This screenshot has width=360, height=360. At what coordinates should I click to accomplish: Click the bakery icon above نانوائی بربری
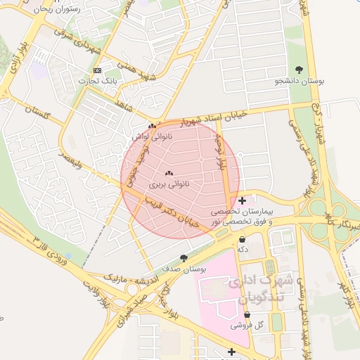click(x=168, y=173)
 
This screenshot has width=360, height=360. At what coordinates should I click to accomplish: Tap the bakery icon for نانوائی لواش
click(x=152, y=127)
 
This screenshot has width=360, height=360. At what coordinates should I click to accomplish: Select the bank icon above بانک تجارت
click(x=97, y=70)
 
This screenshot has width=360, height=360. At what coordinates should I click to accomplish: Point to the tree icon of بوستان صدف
click(x=184, y=258)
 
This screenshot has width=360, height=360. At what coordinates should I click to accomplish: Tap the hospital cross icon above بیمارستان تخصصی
click(x=243, y=200)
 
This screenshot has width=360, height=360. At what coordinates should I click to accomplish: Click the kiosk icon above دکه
click(x=243, y=239)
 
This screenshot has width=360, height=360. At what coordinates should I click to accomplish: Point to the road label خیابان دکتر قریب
click(x=173, y=212)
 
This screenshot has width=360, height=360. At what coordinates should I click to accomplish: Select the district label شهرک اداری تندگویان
click(x=259, y=288)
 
